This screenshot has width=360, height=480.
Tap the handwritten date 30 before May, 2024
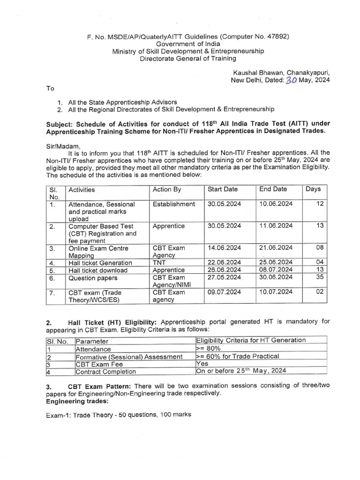coord(292,80)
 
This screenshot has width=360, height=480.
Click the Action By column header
coord(166,189)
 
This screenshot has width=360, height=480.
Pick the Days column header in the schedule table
coord(313,189)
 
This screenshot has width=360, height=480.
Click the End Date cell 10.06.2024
coord(276,204)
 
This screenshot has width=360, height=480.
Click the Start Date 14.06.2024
coord(224,247)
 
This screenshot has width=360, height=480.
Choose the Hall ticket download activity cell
coord(98,270)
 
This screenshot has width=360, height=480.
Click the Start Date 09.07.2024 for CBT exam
coord(224,292)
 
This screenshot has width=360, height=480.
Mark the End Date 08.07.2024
coord(276,270)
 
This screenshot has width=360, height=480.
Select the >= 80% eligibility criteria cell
coord(209,349)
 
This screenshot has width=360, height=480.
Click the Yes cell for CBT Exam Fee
coord(202,364)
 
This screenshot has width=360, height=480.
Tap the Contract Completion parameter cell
coord(106,372)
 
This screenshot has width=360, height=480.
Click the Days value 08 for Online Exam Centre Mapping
coord(319,247)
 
